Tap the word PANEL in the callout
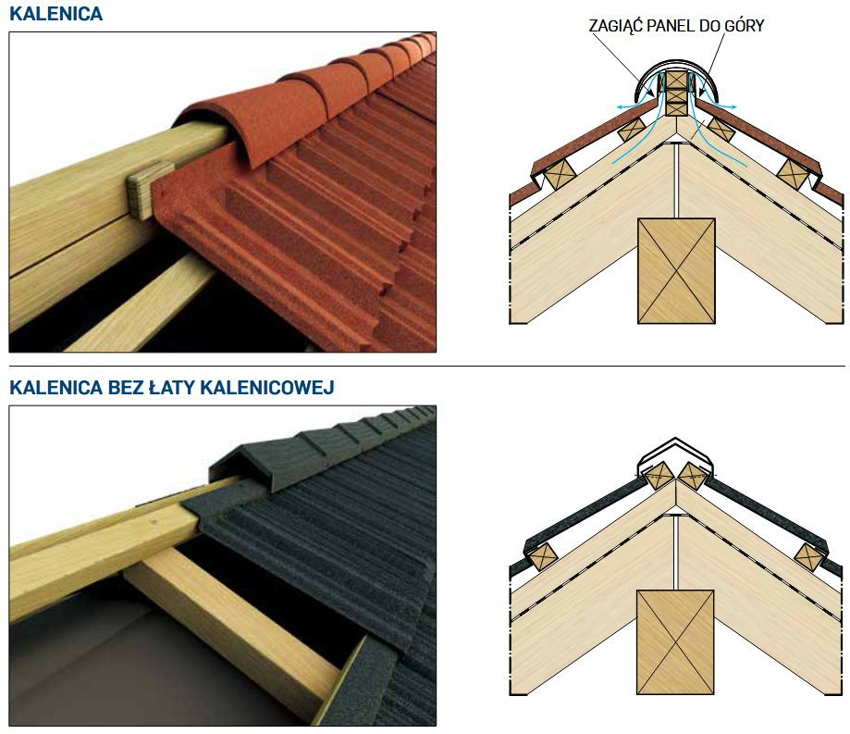coord(677,27)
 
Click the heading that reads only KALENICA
coord(55,14)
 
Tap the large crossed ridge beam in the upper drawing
coord(676,270)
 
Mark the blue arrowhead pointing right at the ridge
coord(733,107)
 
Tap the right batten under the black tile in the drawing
coord(809,556)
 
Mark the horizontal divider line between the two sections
coord(425,367)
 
